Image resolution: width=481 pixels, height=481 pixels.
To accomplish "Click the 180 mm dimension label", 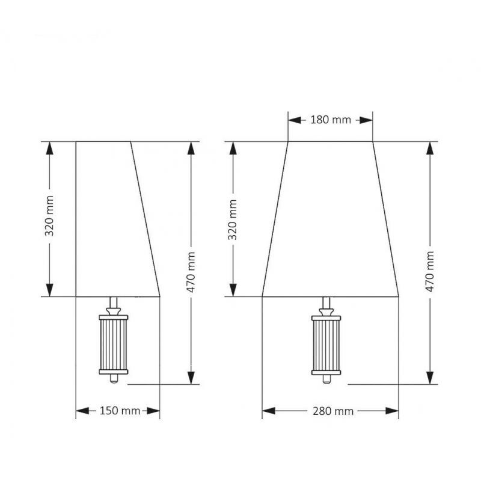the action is (330, 120).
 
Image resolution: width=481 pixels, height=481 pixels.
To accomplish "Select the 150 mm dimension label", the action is (120, 411).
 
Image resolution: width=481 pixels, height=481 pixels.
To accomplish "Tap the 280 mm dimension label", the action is (333, 411).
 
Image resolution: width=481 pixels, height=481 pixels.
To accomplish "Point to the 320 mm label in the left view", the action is (49, 216).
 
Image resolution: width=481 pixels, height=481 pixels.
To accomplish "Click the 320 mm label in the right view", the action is (233, 219).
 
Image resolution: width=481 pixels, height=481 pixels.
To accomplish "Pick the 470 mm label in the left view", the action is (191, 272).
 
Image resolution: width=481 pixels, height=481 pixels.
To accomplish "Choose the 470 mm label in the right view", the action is (430, 272).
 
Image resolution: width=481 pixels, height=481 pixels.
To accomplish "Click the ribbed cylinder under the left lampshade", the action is (114, 345).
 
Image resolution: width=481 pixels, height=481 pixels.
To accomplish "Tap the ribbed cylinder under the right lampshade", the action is (326, 345).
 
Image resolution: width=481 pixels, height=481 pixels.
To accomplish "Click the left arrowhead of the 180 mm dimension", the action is (295, 120).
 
